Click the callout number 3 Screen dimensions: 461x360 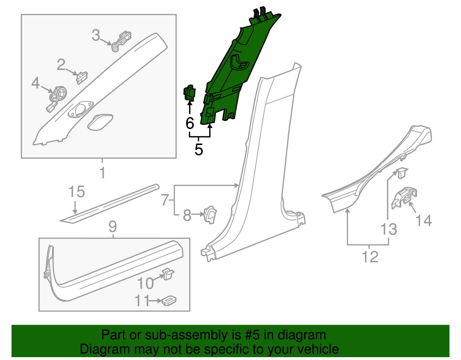96,35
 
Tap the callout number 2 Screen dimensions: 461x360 61,65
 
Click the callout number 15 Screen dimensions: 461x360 77,192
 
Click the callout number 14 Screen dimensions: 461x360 424,220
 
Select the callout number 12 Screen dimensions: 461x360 370,257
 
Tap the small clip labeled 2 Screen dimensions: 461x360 82,78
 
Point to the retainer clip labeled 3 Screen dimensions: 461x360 121,42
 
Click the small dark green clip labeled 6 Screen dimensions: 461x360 189,93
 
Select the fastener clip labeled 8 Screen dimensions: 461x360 210,215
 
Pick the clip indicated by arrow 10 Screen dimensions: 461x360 168,274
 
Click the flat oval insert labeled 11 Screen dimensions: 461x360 169,301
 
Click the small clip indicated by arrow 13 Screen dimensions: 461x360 401,173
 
